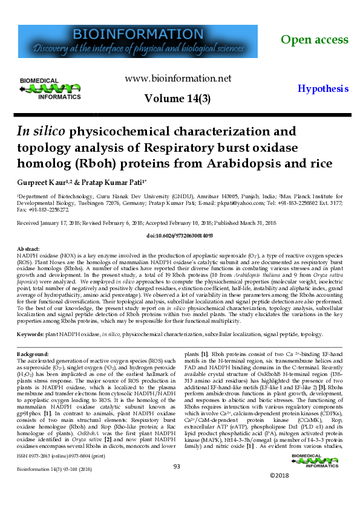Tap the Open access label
[x=315, y=40]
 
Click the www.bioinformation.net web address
[x=178, y=79]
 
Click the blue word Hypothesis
[x=323, y=88]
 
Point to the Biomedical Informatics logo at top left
[x=50, y=88]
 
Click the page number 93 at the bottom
[x=177, y=483]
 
